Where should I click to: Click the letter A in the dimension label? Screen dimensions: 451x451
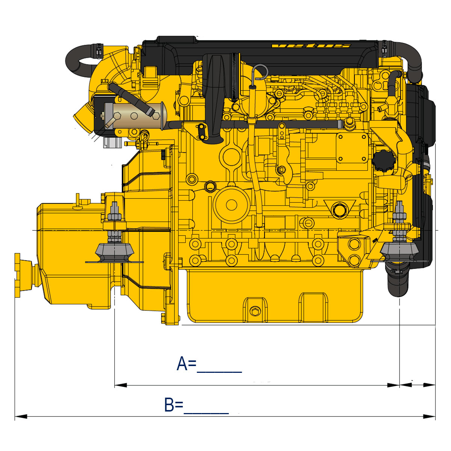point(182,363)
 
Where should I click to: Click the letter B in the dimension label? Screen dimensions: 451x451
point(169,404)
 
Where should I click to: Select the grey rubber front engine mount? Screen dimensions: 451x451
point(399,251)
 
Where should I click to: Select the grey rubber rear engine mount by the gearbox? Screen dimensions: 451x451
point(115,253)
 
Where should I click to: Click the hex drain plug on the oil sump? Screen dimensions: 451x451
point(255,312)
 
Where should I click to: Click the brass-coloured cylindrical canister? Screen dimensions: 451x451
point(136,116)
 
